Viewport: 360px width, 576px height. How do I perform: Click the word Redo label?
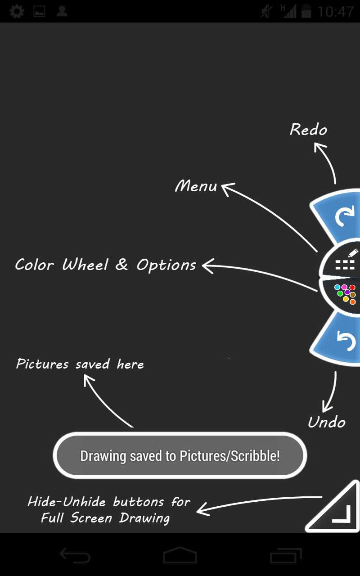(x=308, y=130)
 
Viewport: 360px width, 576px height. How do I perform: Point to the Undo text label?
(x=326, y=422)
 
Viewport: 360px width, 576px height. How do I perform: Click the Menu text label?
(x=196, y=186)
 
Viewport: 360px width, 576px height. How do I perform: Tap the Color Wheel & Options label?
(x=105, y=265)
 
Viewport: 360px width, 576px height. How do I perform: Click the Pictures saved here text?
(x=80, y=364)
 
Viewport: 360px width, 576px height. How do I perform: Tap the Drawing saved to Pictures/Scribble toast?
(x=180, y=455)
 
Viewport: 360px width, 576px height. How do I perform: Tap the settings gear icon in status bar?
(x=17, y=11)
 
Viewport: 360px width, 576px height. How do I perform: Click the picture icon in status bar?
(x=40, y=11)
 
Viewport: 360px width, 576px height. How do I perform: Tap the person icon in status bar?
(x=62, y=11)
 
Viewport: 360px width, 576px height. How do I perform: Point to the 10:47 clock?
(x=335, y=11)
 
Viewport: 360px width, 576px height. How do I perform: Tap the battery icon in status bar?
(x=306, y=11)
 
